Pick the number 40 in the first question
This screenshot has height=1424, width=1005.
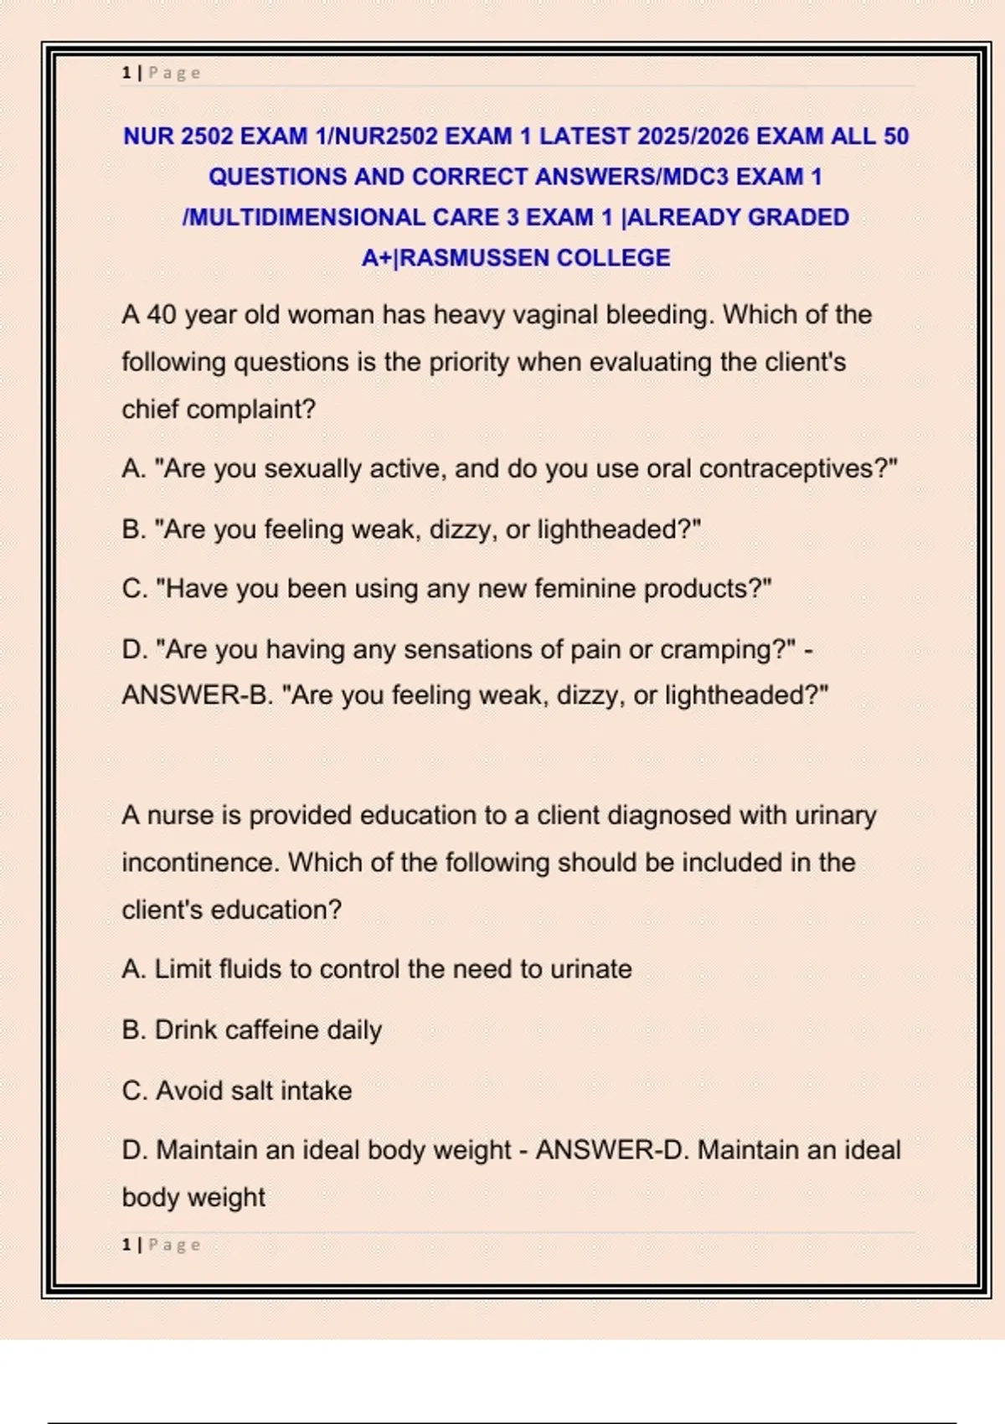[162, 315]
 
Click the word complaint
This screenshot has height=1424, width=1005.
[250, 410]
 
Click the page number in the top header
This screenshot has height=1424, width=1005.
[126, 73]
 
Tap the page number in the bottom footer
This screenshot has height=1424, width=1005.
[126, 1245]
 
